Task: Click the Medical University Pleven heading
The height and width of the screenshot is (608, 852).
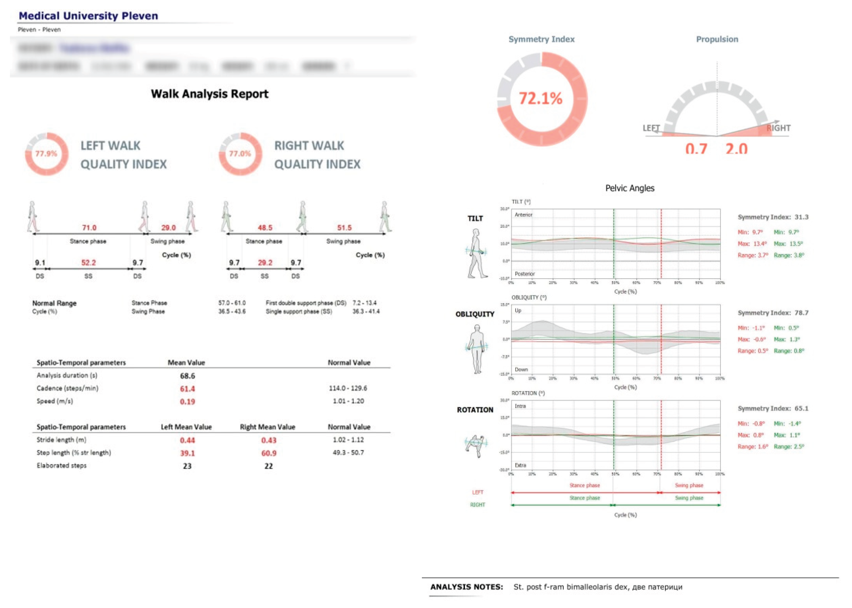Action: [88, 16]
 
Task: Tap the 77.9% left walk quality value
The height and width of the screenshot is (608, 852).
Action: [46, 154]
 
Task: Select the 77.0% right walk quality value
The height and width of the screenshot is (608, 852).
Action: [240, 154]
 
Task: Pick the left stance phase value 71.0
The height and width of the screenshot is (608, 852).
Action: [89, 228]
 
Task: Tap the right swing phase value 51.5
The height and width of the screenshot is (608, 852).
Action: [344, 228]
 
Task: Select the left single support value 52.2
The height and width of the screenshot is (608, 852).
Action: [89, 262]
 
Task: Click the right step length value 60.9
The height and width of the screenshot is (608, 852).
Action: [268, 453]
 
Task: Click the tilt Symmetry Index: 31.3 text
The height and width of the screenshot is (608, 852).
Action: [773, 217]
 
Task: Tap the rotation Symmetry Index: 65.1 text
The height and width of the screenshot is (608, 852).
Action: [773, 408]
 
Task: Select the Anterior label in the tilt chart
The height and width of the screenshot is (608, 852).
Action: [523, 215]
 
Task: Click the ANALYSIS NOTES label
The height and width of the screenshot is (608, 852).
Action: [466, 587]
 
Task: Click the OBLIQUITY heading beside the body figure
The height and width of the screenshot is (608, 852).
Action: [475, 314]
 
